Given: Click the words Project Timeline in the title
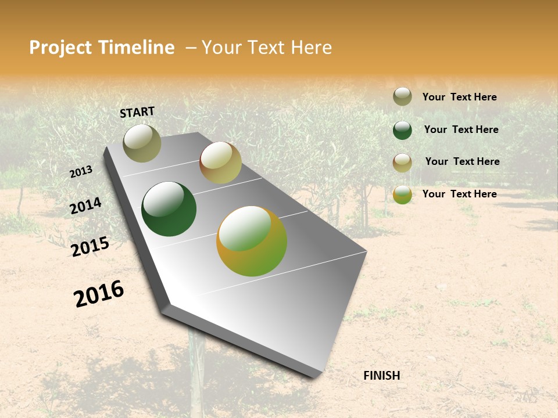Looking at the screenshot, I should pyautogui.click(x=102, y=48).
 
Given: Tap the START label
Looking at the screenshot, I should pyautogui.click(x=137, y=112).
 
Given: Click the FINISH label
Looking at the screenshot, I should pyautogui.click(x=381, y=376).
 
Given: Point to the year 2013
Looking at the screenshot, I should pyautogui.click(x=81, y=172).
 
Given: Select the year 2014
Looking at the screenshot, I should pyautogui.click(x=86, y=206).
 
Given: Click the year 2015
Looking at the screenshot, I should pyautogui.click(x=90, y=247).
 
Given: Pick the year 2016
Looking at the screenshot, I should pyautogui.click(x=99, y=294).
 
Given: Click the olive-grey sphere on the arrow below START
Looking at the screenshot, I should pyautogui.click(x=142, y=143).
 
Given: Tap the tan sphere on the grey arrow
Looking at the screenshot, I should pyautogui.click(x=220, y=163).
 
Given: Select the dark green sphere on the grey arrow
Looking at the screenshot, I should pyautogui.click(x=169, y=209).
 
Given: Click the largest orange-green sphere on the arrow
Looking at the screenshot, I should pyautogui.click(x=252, y=241).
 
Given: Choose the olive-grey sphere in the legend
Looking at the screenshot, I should pyautogui.click(x=402, y=97).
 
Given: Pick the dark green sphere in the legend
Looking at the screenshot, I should pyautogui.click(x=402, y=130).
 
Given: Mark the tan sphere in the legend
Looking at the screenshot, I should pyautogui.click(x=402, y=163).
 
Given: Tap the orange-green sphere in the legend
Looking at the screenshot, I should pyautogui.click(x=402, y=194).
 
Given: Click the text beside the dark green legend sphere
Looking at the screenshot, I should pyautogui.click(x=461, y=129).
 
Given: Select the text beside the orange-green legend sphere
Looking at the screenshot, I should pyautogui.click(x=459, y=194).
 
